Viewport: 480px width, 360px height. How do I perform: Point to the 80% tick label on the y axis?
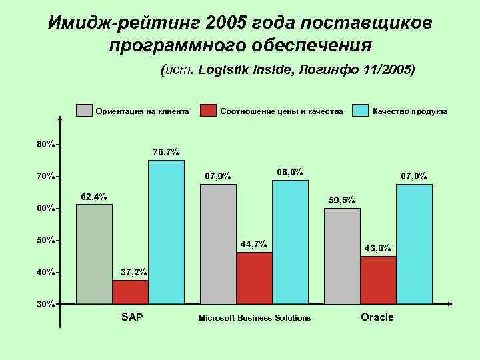[x=45, y=144]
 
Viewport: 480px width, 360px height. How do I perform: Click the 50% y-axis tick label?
[x=45, y=240]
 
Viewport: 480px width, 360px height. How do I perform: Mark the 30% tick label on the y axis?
[x=45, y=304]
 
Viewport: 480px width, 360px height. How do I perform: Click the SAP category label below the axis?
[x=131, y=317]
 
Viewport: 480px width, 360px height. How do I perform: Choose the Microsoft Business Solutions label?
[x=255, y=317]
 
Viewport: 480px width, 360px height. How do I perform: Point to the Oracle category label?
[x=377, y=317]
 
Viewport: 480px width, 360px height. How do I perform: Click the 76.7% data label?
[x=165, y=152]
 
